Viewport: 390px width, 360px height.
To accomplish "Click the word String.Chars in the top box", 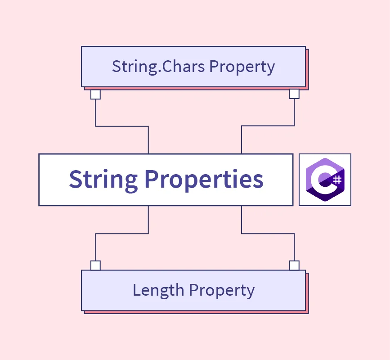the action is tap(158, 67).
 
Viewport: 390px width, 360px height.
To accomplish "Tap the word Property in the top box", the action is tap(242, 67).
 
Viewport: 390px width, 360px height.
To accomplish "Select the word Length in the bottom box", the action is tap(158, 290).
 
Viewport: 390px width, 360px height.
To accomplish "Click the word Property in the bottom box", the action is tap(222, 291).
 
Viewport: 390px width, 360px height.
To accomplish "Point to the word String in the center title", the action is tap(103, 180).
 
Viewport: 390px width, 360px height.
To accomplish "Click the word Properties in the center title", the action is tap(204, 180).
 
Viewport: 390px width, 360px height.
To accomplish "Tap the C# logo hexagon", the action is tap(325, 180).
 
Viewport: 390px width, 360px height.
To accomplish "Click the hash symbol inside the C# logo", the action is tap(337, 180).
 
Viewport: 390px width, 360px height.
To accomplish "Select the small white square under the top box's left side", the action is tap(95, 94).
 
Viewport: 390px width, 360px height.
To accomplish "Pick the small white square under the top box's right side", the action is tap(294, 94).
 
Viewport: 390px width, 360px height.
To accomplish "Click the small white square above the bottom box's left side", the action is tap(95, 265).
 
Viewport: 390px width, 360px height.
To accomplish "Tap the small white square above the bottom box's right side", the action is tap(294, 265).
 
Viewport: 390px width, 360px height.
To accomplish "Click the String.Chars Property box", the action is tap(193, 67).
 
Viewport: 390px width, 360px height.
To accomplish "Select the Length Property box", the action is tap(193, 291).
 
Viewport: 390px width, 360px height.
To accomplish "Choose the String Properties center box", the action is tap(166, 180).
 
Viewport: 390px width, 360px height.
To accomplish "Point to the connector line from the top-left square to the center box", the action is tap(122, 126).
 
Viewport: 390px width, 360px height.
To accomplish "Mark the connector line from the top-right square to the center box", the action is tap(268, 126).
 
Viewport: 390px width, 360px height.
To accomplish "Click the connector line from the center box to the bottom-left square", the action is tap(122, 234).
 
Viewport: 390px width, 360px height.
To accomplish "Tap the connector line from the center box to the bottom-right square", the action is tap(268, 234).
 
